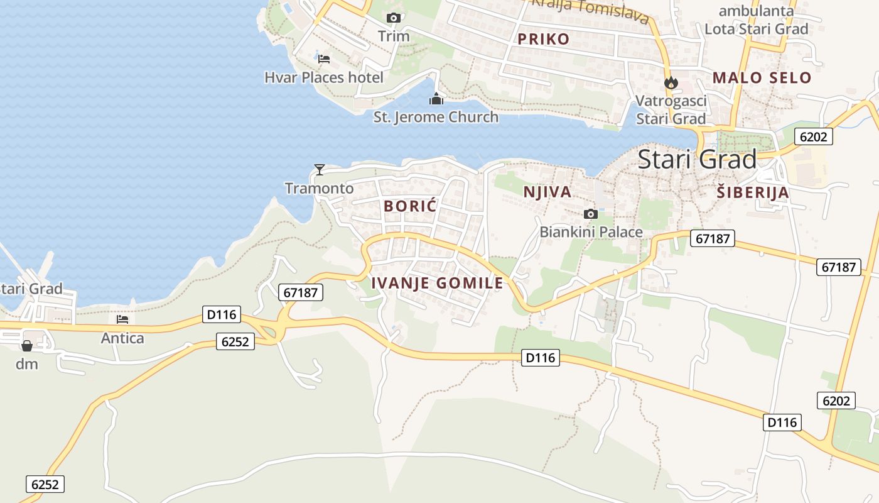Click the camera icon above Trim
click(394, 18)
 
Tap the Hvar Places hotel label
click(323, 77)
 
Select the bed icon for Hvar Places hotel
click(324, 59)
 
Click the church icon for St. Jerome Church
click(436, 99)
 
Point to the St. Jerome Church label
click(436, 117)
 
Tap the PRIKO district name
click(543, 39)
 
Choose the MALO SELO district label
click(762, 78)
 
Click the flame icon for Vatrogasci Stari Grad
click(671, 82)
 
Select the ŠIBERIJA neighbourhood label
click(753, 193)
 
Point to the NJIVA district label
click(547, 192)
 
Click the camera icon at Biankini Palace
click(590, 214)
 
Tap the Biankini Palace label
click(591, 232)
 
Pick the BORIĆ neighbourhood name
click(410, 206)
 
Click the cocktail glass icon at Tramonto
click(320, 170)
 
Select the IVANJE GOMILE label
click(437, 283)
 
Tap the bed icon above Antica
click(122, 319)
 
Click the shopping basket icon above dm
click(27, 346)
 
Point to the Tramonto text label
click(319, 188)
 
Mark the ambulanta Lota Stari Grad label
click(756, 20)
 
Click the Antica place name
click(122, 338)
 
